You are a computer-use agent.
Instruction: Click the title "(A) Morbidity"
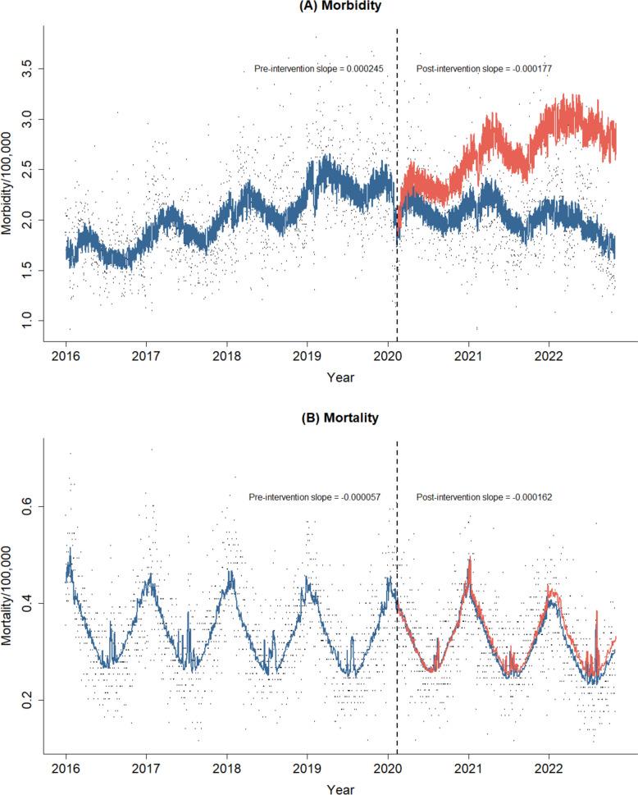click(319, 6)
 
